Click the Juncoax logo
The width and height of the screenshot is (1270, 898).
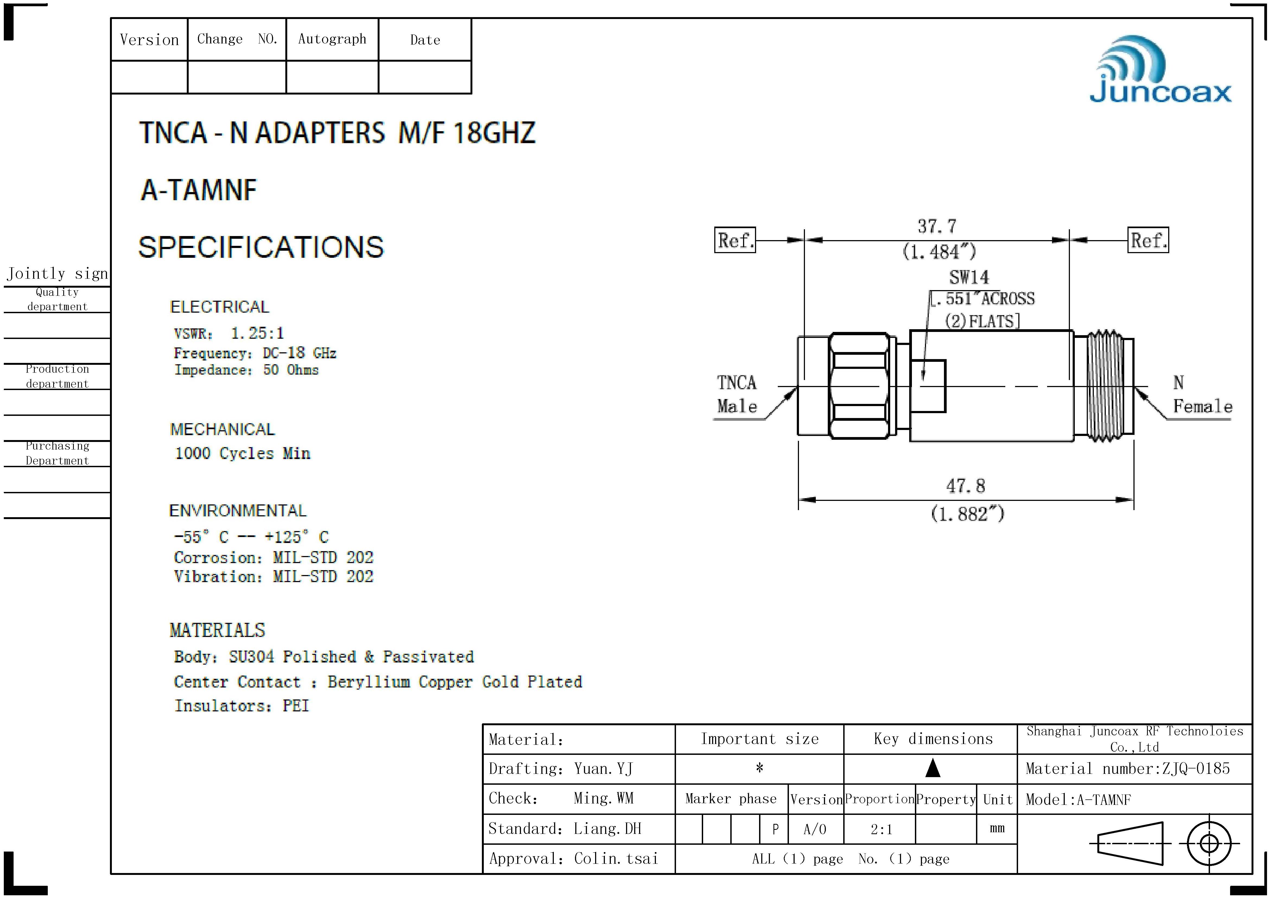click(1161, 71)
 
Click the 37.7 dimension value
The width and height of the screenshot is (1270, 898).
click(937, 226)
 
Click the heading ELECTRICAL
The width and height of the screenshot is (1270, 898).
click(220, 307)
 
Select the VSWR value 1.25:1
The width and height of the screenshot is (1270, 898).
click(257, 333)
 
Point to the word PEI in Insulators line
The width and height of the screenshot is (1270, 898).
click(296, 706)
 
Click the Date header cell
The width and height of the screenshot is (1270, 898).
click(425, 40)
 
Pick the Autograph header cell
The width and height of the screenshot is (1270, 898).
click(332, 39)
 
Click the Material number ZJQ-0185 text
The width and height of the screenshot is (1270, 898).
click(1127, 768)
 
